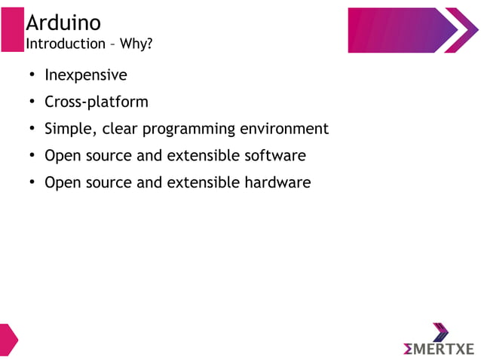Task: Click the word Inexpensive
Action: click(x=85, y=75)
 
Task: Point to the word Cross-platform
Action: click(x=96, y=102)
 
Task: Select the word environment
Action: click(x=284, y=129)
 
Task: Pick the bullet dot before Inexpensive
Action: click(x=32, y=76)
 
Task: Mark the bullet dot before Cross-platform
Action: click(x=32, y=102)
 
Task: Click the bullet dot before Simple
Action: click(x=32, y=130)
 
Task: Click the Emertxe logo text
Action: click(x=439, y=349)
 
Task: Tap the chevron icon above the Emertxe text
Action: click(x=440, y=332)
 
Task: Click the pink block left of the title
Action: click(x=12, y=30)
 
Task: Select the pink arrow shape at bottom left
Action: click(x=8, y=340)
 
